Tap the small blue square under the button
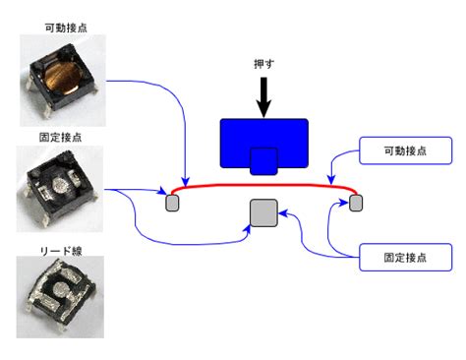tap(263, 161)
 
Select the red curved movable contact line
tap(263, 183)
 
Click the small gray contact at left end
tap(172, 203)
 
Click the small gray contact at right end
tap(356, 203)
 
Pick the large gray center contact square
tap(263, 212)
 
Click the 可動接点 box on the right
tap(405, 150)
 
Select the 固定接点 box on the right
tap(405, 257)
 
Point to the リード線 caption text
tap(63, 251)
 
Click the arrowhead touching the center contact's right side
tap(282, 211)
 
